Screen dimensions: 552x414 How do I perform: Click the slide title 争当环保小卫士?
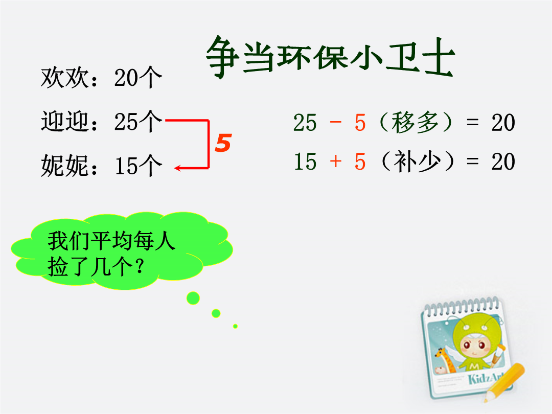pos(330,57)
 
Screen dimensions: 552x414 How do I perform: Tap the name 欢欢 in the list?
pos(65,78)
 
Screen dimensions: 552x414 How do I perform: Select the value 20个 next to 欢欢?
pos(138,78)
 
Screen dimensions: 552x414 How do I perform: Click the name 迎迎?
pos(65,122)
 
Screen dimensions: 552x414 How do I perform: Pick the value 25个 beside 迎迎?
pos(138,122)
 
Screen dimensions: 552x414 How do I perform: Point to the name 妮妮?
pos(65,166)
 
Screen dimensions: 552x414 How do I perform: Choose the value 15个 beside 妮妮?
pos(138,166)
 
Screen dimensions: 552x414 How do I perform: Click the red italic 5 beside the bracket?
pos(223,143)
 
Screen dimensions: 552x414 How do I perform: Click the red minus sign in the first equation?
pos(336,122)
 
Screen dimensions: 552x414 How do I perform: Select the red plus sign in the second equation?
pos(336,161)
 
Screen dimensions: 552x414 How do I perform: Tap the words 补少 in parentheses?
pos(417,161)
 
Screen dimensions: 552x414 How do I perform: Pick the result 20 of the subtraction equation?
pos(503,123)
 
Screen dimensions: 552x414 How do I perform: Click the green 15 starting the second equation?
pos(305,162)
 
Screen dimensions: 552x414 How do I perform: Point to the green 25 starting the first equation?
pos(305,123)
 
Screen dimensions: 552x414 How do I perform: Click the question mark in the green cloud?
pos(140,266)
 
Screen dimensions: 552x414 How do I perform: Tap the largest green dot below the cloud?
pos(193,298)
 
